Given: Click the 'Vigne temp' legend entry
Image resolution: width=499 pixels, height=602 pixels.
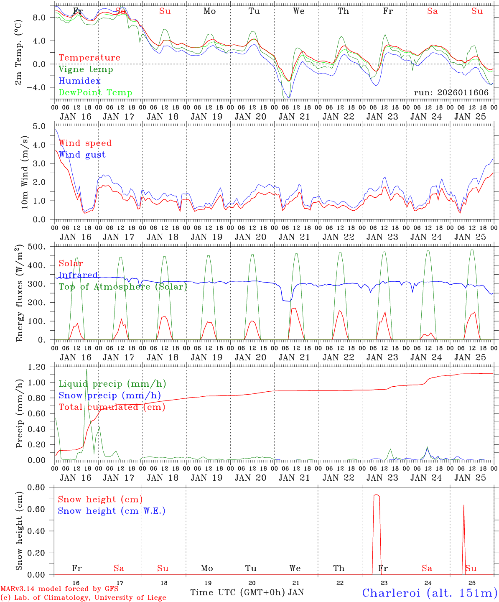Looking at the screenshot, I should tap(86, 69).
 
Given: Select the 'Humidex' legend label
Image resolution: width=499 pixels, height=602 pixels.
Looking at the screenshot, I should tap(79, 81).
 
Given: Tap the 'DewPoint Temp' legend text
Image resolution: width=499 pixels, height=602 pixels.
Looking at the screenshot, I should tap(95, 93).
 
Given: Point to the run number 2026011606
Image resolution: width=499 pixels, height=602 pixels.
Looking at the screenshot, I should tap(451, 93).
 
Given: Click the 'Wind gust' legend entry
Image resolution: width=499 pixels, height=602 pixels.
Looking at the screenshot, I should tap(82, 155).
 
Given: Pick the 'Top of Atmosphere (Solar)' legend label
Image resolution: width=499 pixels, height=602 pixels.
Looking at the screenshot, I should tap(123, 287).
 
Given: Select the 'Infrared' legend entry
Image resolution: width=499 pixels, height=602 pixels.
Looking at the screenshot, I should tap(78, 275).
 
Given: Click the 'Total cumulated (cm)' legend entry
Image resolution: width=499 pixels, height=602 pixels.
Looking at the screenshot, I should tap(112, 407).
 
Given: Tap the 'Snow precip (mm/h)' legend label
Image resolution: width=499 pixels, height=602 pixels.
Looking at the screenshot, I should tap(109, 395).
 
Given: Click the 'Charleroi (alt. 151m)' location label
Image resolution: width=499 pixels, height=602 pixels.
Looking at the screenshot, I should tap(430, 593).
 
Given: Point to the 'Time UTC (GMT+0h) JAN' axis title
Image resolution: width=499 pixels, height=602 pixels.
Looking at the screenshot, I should tap(247, 592).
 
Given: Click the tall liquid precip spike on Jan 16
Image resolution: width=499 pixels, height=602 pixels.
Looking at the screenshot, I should tap(87, 370).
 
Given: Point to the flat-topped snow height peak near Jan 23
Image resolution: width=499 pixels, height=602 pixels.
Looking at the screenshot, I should tap(377, 495).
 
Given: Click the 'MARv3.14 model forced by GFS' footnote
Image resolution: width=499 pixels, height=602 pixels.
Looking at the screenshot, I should tap(59, 589).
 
